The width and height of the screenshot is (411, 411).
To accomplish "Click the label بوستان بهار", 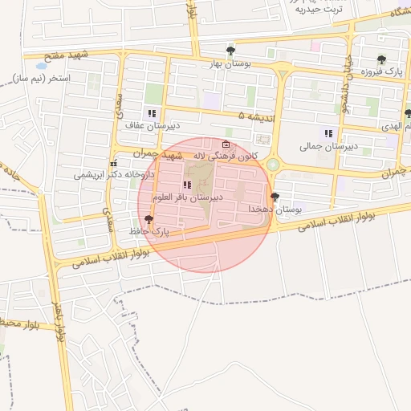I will coord(230,63).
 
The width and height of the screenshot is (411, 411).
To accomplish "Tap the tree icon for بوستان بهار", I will coord(230,51).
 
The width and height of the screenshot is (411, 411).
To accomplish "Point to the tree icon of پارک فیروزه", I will coord(380,59).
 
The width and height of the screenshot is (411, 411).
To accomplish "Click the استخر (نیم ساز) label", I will coord(43,78).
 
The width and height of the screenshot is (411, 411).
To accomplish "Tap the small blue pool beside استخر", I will coord(41,66).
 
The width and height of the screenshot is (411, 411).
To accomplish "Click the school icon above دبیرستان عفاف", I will coord(151,113).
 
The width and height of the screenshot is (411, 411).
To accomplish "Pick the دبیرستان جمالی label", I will coord(328,146).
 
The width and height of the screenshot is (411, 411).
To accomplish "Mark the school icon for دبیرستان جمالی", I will coord(328,133).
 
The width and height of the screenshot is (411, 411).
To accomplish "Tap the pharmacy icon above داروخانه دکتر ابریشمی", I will coord(113,163).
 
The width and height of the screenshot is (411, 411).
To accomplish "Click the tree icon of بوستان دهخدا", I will coord(275,196).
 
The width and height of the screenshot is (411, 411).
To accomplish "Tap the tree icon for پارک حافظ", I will coord(147,218).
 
